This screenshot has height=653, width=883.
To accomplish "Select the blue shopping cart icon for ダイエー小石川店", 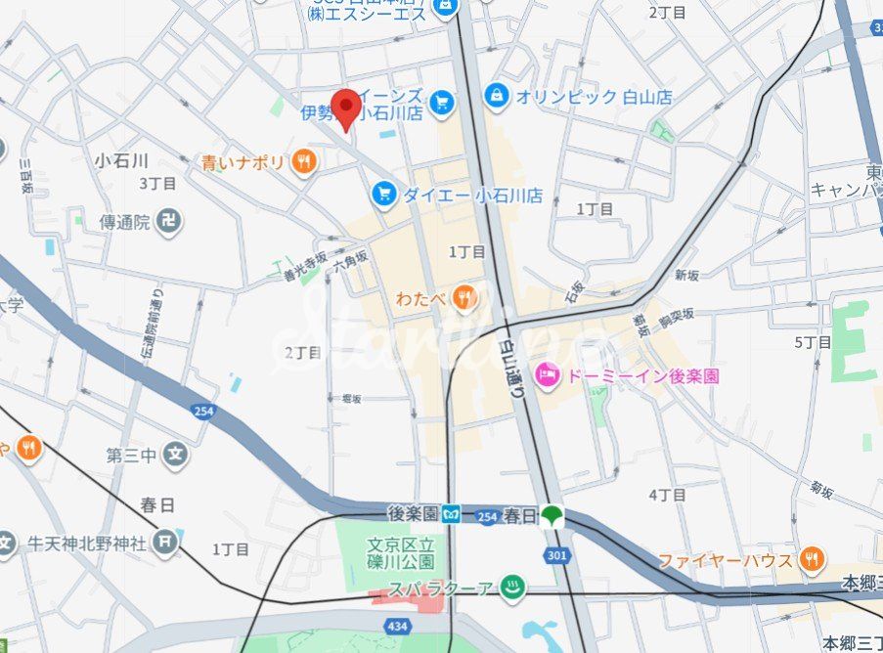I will point(384,195).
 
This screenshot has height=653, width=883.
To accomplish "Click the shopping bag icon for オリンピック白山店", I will point(498,96).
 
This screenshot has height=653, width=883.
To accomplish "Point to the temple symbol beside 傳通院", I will point(170,222).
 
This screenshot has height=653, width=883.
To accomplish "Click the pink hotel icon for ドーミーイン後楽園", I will point(547,374).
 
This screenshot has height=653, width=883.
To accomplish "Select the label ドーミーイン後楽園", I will point(641,375).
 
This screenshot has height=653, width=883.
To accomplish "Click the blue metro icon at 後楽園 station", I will point(451,513).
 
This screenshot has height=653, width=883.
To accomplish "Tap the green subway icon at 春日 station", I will point(553,514).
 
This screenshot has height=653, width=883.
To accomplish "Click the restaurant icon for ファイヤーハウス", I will point(811,560).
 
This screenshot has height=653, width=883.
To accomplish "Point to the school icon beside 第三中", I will point(175,455).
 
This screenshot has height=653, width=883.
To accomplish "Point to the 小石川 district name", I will point(122,159).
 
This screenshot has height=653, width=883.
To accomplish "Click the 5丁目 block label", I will point(813,342).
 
